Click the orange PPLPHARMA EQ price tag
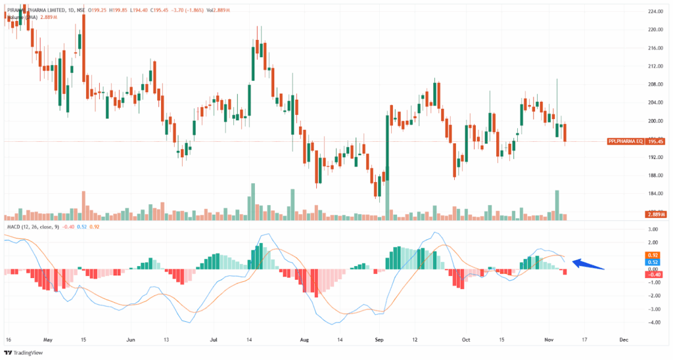coord(625,141)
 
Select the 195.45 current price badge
coord(655,141)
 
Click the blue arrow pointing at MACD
coord(588,265)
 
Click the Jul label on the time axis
coord(214,341)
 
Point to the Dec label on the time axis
coord(624,341)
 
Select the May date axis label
coord(47,341)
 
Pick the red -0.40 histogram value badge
coord(654,275)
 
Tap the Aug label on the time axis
coord(304,341)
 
